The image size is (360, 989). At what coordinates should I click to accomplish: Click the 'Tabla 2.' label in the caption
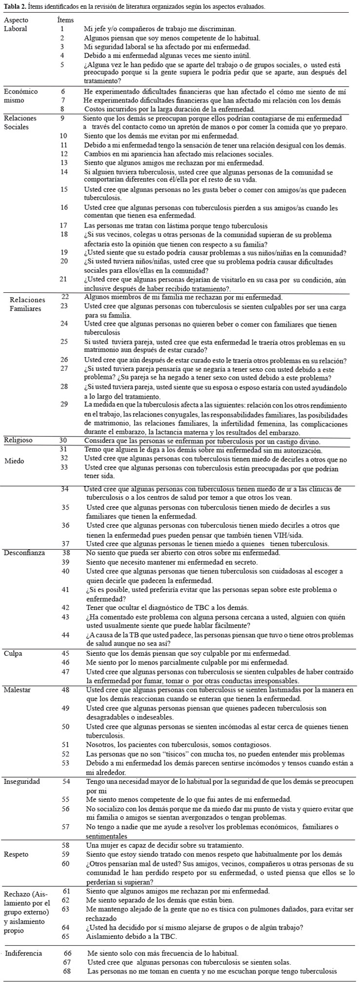click(x=14, y=6)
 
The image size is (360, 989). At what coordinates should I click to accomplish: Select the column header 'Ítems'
click(x=65, y=20)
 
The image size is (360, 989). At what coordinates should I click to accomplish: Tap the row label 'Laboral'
click(x=16, y=29)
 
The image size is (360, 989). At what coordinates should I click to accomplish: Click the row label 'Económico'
click(x=20, y=91)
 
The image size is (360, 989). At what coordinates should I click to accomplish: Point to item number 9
click(x=62, y=118)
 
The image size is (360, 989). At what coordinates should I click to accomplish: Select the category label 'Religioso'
click(x=18, y=440)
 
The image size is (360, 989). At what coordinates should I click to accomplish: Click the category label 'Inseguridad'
click(x=22, y=781)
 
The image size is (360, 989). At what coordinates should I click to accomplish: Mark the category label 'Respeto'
click(x=16, y=854)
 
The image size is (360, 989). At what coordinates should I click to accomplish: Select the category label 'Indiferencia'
click(x=23, y=953)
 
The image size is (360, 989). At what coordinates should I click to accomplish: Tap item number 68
click(x=68, y=971)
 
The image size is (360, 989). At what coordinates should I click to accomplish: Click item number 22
click(x=66, y=296)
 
